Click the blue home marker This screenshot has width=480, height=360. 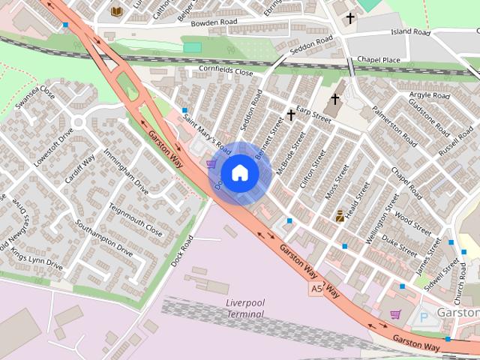pyautogui.click(x=239, y=172)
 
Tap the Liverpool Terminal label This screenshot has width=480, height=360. pyautogui.click(x=245, y=308)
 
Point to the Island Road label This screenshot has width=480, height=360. pyautogui.click(x=410, y=33)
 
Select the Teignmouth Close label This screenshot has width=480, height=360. pyautogui.click(x=135, y=219)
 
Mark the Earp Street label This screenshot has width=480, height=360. pyautogui.click(x=313, y=115)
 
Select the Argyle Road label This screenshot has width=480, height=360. pyautogui.click(x=430, y=97)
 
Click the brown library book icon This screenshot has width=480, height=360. pyautogui.click(x=116, y=10)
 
